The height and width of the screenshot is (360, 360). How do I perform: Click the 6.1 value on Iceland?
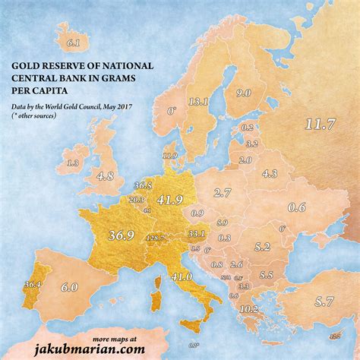coord(74,43)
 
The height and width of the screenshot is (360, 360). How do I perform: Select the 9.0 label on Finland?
coord(244,93)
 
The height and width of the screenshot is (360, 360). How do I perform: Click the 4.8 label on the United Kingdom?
coord(105,176)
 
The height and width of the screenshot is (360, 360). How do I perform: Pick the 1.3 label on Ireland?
coord(73,163)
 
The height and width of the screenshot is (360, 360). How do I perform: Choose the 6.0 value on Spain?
coord(69,287)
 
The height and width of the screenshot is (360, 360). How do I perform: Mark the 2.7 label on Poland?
coord(223,193)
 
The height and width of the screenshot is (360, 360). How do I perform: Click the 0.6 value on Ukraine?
coord(297,207)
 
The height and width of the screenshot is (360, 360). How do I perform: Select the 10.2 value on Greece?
coord(248,309)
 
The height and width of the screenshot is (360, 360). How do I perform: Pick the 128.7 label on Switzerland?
coord(155,238)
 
